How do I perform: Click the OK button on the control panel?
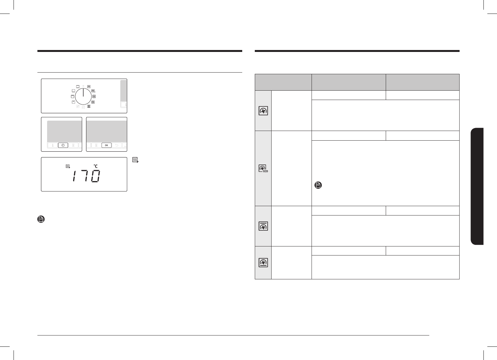(106, 145)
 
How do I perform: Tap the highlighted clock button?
(63, 145)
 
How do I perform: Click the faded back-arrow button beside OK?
(117, 145)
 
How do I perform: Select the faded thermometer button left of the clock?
(53, 145)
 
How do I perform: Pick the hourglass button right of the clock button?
(73, 145)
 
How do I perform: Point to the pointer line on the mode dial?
(83, 93)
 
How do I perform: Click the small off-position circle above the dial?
(83, 86)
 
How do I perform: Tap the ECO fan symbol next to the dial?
(94, 91)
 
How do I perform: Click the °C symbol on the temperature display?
(96, 166)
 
